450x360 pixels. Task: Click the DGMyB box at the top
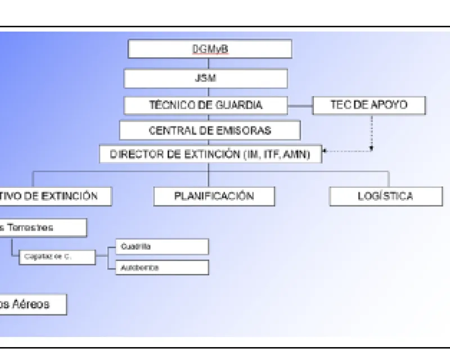(x=209, y=49)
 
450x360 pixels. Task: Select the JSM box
(x=205, y=78)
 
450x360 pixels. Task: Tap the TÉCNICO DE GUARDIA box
(x=205, y=105)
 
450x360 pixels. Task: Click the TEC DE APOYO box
(x=368, y=105)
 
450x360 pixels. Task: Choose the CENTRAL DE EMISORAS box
(x=209, y=130)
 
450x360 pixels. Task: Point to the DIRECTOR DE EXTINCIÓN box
(x=210, y=154)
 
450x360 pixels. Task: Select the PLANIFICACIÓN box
(x=214, y=196)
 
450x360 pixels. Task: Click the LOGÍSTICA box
(x=385, y=196)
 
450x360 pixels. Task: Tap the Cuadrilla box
(x=161, y=246)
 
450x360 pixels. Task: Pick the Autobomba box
(x=161, y=268)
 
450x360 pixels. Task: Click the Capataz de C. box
(x=56, y=257)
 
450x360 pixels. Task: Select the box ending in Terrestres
(x=42, y=228)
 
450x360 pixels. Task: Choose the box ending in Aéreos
(x=32, y=304)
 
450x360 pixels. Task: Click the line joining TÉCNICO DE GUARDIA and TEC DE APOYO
(x=300, y=105)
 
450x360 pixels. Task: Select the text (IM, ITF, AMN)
(x=277, y=154)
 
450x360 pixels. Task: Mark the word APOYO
(x=389, y=105)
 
